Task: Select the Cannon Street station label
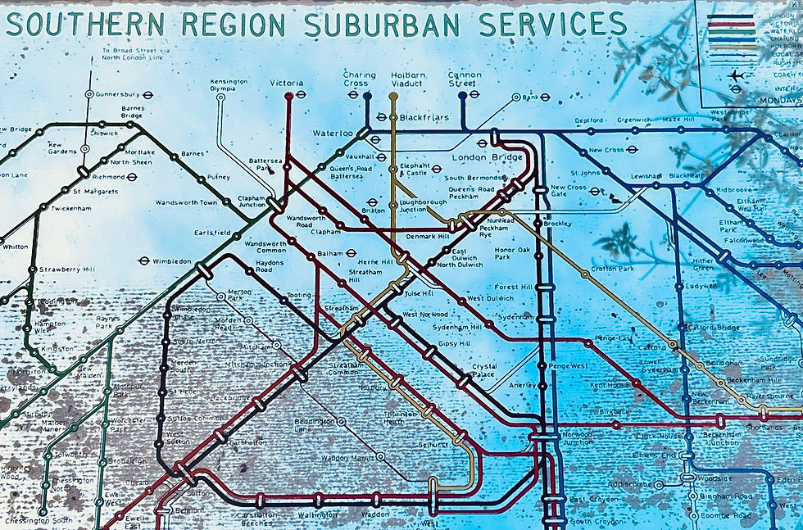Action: point(464,79)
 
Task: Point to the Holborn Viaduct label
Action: point(408,79)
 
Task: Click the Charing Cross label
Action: point(359,79)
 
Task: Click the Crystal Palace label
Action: point(484,371)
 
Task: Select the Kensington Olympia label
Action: point(229,86)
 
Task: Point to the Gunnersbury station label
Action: point(119,94)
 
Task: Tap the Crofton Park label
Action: point(612,269)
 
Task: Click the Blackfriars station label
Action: point(424,118)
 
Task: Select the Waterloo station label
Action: point(332,133)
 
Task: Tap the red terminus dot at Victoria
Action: point(288,96)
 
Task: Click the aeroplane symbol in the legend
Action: point(736,75)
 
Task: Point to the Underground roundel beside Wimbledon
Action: point(143,262)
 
